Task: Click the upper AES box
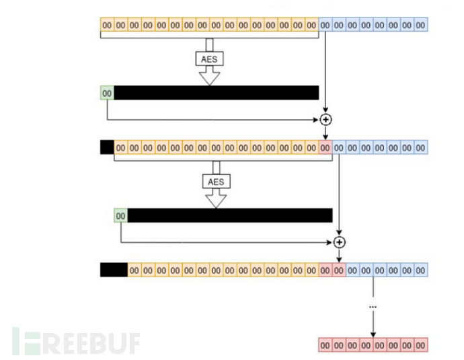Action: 210,59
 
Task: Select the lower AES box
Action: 217,181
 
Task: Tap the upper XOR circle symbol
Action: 326,120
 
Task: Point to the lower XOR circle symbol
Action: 340,242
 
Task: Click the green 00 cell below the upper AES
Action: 107,93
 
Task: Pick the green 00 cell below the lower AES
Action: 120,215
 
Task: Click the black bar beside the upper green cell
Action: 216,93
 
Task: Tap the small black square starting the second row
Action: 107,147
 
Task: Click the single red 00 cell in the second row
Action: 326,147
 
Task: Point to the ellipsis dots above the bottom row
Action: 373,307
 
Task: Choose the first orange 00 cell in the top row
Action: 107,25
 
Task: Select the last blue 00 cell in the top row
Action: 421,25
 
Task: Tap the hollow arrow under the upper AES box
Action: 210,76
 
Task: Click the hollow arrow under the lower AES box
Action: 217,199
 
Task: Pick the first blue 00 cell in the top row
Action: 326,25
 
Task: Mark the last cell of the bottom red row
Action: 421,345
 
